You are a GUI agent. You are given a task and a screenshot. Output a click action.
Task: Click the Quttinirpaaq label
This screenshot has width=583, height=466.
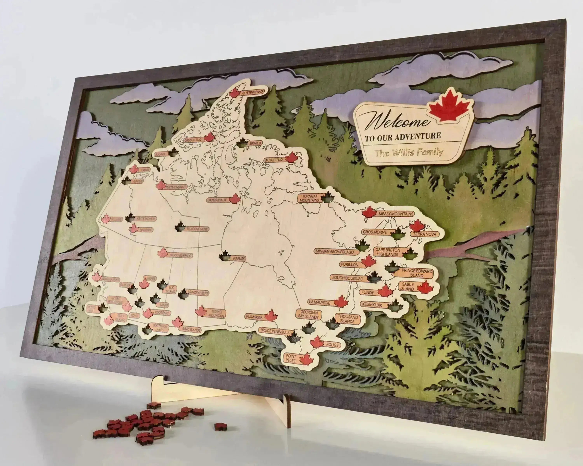click(x=253, y=93)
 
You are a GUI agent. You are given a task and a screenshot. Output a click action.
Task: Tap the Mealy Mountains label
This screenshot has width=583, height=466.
click(x=396, y=214)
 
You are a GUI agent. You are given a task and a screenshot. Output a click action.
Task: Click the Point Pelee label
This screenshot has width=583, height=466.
click(x=290, y=358)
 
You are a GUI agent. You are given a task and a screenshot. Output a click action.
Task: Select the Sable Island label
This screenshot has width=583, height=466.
click(x=407, y=287)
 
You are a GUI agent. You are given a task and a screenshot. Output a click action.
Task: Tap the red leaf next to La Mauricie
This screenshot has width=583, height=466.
click(x=341, y=302)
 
